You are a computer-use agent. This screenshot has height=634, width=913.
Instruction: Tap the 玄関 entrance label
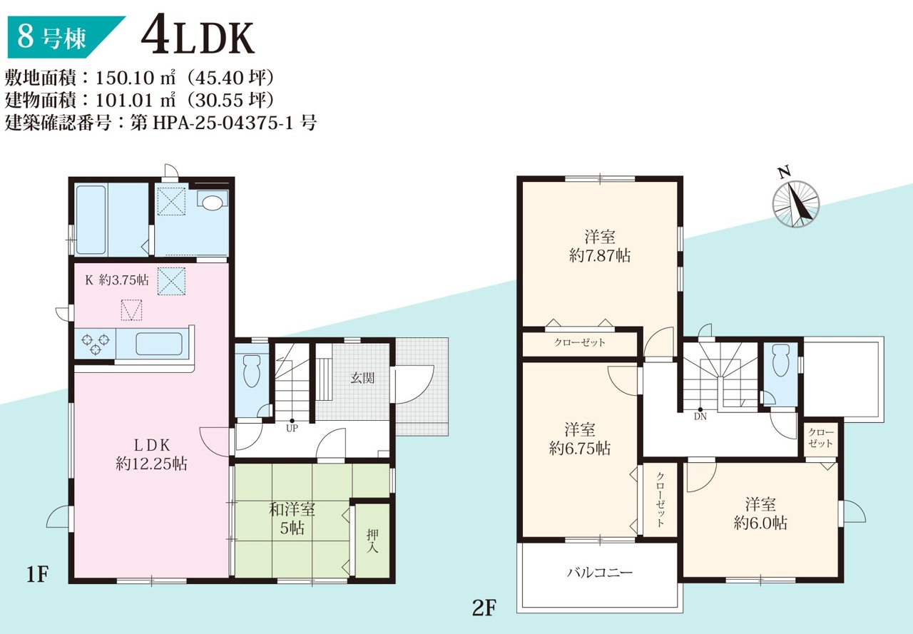pos(362,378)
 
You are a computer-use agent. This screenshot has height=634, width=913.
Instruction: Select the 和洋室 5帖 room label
pos(292,518)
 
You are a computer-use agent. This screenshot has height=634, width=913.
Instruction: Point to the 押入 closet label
pos(372,541)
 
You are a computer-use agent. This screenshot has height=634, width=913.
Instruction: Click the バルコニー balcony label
pos(600,573)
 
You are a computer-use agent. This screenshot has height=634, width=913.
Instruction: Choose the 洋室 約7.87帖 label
pos(600,246)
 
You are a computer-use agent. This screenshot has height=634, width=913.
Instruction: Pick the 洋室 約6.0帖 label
pos(760,513)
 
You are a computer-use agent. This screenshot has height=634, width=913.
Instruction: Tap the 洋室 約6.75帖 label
pos(580,439)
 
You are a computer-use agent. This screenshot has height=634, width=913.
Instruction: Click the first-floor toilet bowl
pos(251,370)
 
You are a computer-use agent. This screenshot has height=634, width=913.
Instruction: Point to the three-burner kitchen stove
pos(96,344)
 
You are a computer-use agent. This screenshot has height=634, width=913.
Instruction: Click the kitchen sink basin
pos(159,344)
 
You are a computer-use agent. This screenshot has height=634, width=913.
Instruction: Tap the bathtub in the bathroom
pos(91,220)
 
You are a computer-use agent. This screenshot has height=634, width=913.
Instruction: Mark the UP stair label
pos(292,428)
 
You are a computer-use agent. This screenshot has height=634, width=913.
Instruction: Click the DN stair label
pos(700,416)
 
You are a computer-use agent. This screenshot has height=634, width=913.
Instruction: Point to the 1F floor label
pos(38,574)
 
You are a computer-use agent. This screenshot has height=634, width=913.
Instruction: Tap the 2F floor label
pos(484,608)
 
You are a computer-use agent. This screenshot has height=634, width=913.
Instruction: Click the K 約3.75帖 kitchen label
pos(116,280)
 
